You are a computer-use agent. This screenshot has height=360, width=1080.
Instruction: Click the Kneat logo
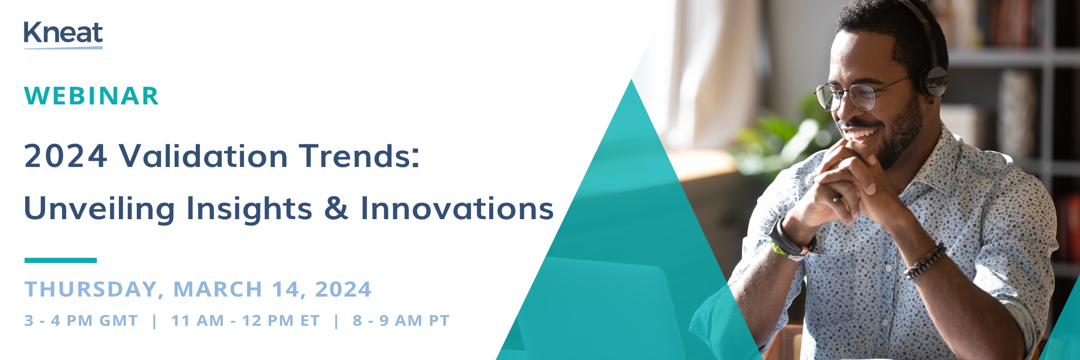point(63,35)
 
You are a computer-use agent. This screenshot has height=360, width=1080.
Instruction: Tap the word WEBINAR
point(91,96)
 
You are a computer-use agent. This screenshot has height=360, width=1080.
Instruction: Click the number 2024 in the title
point(66,156)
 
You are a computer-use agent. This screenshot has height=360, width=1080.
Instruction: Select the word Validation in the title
point(203,156)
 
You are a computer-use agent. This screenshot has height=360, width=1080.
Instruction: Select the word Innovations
point(457,208)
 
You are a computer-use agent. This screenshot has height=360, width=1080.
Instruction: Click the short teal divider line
point(60,260)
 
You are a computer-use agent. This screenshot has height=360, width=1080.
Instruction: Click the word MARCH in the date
point(218,289)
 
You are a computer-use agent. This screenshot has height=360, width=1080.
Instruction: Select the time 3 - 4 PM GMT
point(81,320)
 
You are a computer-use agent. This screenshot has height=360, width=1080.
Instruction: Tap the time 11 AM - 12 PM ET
point(245,320)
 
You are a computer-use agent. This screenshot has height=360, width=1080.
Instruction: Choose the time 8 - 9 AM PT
point(401,320)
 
